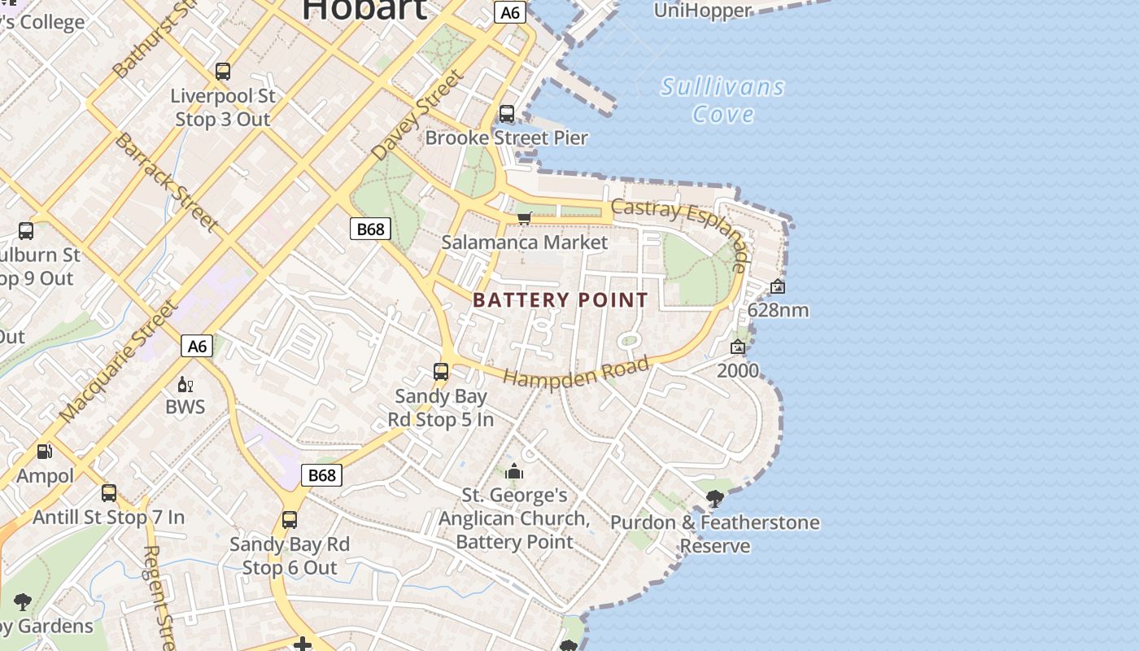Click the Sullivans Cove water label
click(722, 100)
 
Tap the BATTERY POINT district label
click(561, 299)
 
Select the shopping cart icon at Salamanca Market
click(525, 218)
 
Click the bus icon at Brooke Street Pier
click(507, 114)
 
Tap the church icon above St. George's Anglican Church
click(514, 471)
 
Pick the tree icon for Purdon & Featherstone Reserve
click(715, 498)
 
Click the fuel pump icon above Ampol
click(45, 451)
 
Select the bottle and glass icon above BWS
click(185, 384)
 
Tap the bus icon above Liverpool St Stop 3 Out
click(223, 72)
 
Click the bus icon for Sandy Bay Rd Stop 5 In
click(441, 372)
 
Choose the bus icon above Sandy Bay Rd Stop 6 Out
click(290, 519)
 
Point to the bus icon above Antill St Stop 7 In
click(109, 493)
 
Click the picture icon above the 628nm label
click(778, 286)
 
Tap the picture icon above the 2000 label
click(738, 347)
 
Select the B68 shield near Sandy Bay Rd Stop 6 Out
click(321, 475)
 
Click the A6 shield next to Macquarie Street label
click(197, 346)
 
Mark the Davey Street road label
click(417, 114)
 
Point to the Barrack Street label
click(166, 181)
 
